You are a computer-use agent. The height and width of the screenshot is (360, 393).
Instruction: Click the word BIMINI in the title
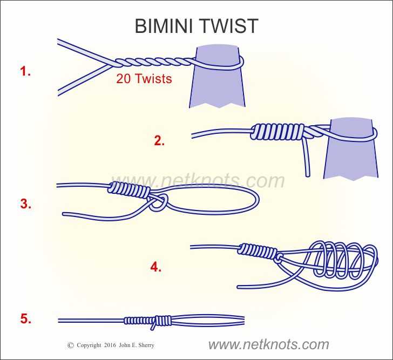point(166,25)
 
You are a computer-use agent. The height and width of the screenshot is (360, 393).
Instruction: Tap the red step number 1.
point(25,71)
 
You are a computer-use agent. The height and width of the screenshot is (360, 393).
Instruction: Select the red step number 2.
point(159,141)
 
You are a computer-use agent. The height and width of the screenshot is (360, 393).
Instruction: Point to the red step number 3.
point(25,204)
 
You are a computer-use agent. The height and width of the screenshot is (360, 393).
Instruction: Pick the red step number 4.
point(156,267)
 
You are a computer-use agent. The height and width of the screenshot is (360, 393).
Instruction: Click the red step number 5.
point(25,319)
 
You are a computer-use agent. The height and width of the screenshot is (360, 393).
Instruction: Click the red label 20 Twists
point(144,79)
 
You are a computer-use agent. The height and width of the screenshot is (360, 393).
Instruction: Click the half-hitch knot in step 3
point(158,203)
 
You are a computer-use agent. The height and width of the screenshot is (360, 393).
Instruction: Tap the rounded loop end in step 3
point(254,201)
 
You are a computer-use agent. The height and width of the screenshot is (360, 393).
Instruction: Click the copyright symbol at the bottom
point(70,345)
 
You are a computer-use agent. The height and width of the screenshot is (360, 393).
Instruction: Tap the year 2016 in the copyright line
point(110,345)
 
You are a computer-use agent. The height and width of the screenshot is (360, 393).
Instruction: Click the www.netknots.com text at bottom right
point(268,344)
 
